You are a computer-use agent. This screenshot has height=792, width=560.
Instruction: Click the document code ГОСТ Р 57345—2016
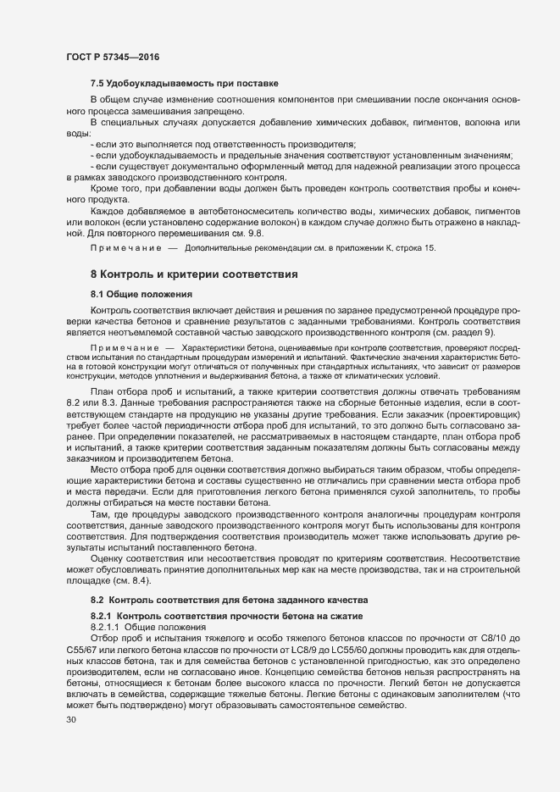113,56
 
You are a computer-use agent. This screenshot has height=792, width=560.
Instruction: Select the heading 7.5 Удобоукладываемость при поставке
185,84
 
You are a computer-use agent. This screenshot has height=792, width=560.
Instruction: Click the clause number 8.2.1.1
108,624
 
